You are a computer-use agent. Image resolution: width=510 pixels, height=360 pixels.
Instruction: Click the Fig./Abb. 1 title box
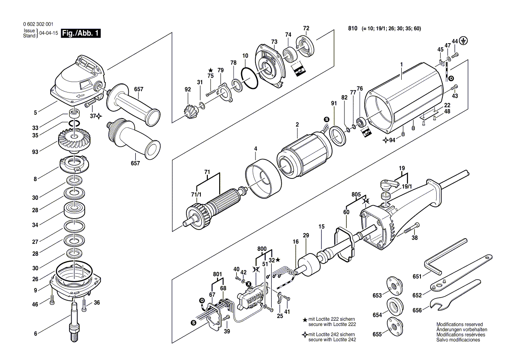[81, 33]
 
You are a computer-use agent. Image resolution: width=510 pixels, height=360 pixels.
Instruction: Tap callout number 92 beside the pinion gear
[188, 90]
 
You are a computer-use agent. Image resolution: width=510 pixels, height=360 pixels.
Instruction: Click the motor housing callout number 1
[400, 65]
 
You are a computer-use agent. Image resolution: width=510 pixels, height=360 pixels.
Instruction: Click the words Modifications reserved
[459, 325]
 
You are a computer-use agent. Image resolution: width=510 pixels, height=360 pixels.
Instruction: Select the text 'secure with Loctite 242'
[331, 339]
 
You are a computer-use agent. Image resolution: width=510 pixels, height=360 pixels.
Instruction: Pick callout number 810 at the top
[353, 29]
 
